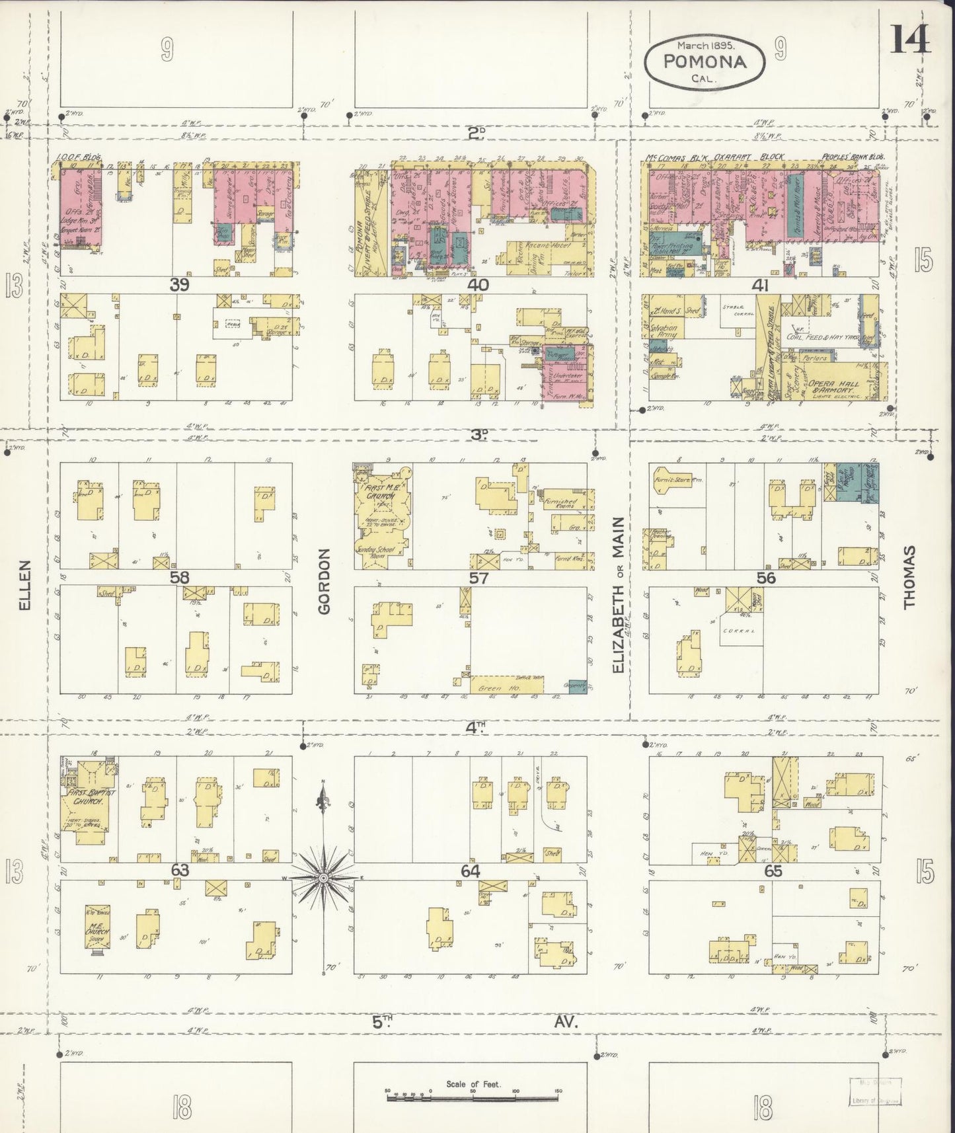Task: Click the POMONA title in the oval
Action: pos(705,62)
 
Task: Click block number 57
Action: pos(478,578)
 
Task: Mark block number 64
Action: pos(470,871)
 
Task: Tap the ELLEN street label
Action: pos(25,585)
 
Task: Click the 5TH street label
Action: pos(382,1022)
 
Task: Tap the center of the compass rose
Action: pos(323,877)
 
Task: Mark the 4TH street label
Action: pos(475,727)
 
